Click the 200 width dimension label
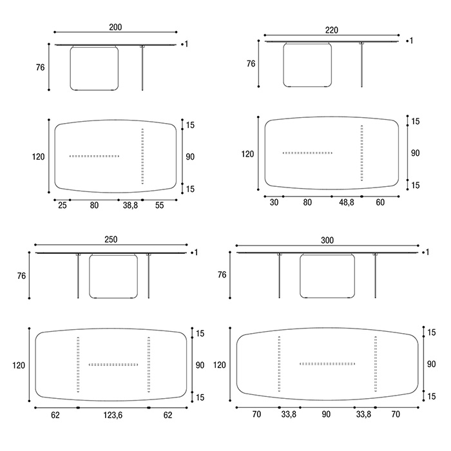(x=115, y=27)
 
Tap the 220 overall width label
(x=332, y=30)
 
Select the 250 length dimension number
(x=111, y=240)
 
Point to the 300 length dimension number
(x=327, y=240)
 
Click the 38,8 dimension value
(x=130, y=206)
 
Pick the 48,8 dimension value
(x=347, y=202)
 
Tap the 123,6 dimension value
(x=113, y=415)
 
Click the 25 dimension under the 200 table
(x=62, y=206)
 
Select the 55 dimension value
(x=159, y=206)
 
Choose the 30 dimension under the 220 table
(x=274, y=202)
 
